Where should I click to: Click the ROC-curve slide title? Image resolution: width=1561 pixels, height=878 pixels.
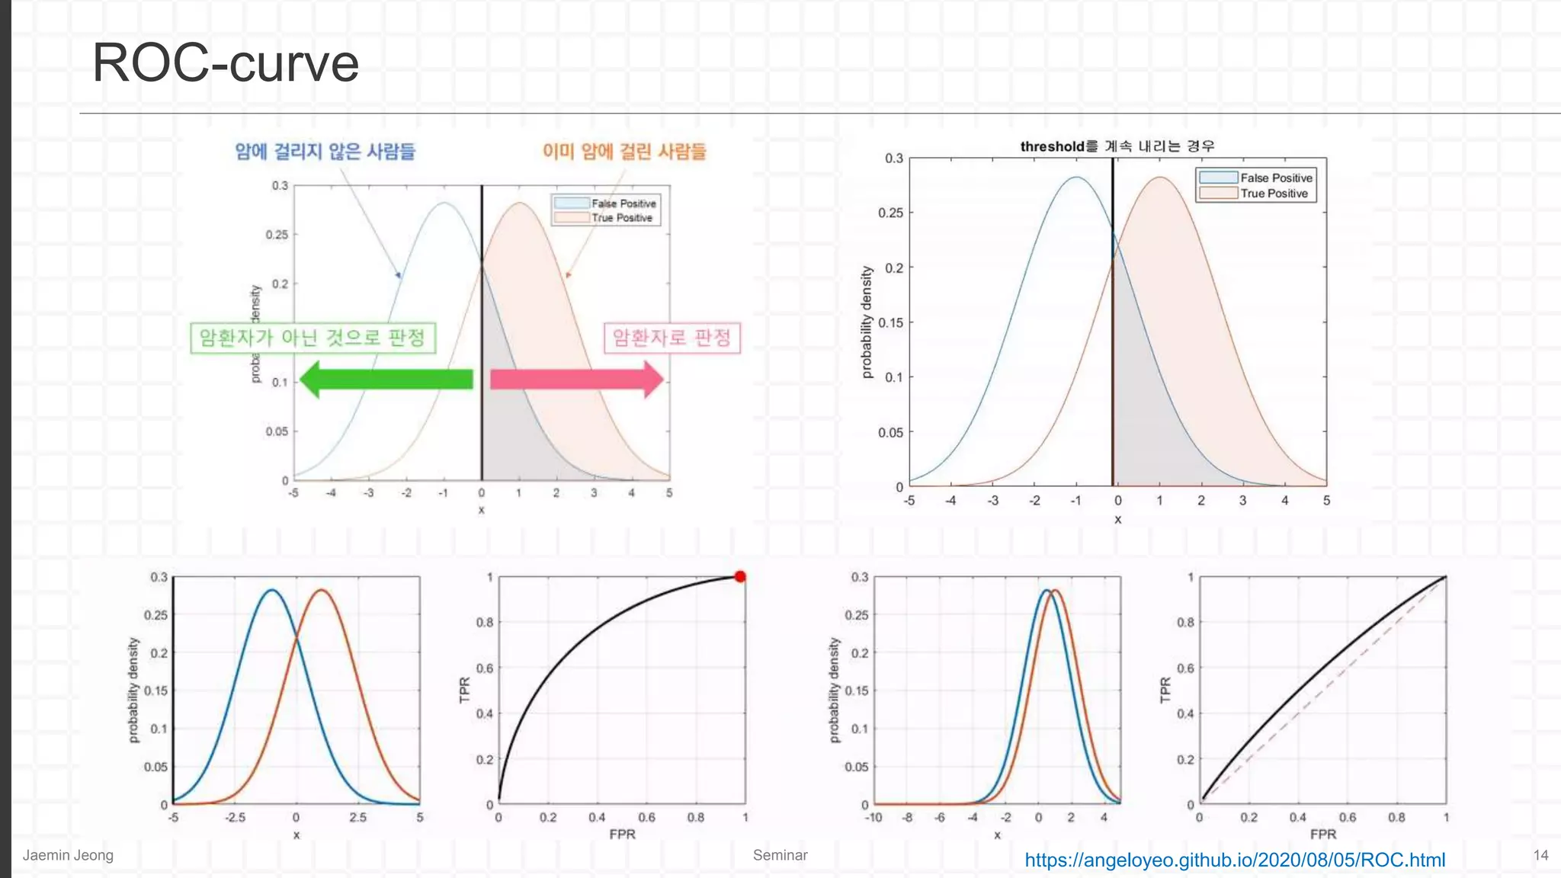point(226,62)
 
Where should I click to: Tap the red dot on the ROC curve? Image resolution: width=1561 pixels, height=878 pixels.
point(740,576)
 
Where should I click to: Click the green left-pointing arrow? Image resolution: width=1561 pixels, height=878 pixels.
point(386,379)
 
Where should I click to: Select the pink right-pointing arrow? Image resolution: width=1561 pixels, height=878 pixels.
point(576,379)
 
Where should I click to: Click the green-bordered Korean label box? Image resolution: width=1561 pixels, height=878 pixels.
point(313,338)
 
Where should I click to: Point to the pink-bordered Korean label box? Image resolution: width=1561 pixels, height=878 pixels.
point(672,338)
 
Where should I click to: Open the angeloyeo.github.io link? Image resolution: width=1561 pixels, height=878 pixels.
point(1234,860)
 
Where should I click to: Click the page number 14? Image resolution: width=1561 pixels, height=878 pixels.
point(1540,855)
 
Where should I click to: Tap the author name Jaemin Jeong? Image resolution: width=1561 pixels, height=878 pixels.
point(68,855)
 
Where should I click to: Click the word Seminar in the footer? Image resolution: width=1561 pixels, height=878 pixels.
point(780,855)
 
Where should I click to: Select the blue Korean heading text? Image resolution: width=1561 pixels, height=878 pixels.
point(325,151)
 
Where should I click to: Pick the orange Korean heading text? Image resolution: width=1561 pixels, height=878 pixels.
point(624,151)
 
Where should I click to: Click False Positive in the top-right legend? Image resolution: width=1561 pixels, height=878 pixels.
point(1276,178)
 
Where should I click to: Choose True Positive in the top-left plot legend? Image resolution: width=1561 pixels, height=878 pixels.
point(621,218)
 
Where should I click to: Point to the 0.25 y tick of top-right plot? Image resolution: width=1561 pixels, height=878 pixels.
point(890,213)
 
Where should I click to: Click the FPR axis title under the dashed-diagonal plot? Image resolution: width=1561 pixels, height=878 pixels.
point(1323,835)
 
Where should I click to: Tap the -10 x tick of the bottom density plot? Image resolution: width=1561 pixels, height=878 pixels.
point(873,818)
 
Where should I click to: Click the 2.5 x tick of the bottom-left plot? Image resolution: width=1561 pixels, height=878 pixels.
point(357,818)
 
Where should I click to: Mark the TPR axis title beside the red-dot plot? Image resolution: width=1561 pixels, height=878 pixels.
point(465,690)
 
